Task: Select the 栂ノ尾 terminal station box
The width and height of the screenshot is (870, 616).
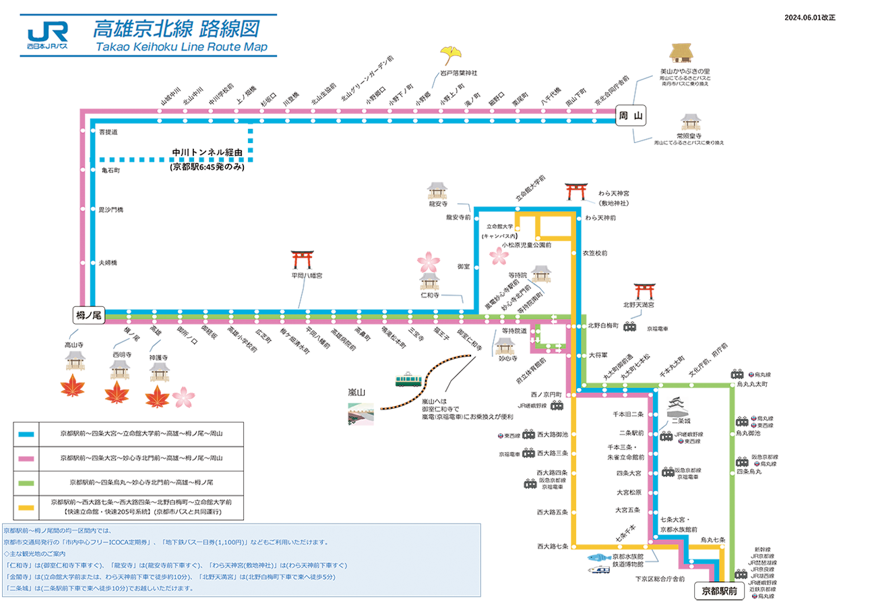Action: [88, 314]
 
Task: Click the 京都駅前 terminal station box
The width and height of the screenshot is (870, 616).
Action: [719, 591]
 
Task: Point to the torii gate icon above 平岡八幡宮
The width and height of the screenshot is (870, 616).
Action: [301, 260]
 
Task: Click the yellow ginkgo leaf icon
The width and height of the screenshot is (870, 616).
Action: [450, 55]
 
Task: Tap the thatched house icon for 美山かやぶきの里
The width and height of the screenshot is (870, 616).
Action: [681, 55]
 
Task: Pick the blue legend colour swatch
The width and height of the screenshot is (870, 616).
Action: [26, 434]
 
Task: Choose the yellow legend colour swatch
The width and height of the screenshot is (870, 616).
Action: [26, 507]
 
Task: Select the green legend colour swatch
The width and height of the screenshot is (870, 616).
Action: [26, 482]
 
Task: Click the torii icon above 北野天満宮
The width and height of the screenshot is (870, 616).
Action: [644, 291]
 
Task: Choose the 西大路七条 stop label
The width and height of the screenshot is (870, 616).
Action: [553, 546]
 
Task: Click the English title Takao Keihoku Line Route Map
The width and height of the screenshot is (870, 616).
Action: [181, 47]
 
